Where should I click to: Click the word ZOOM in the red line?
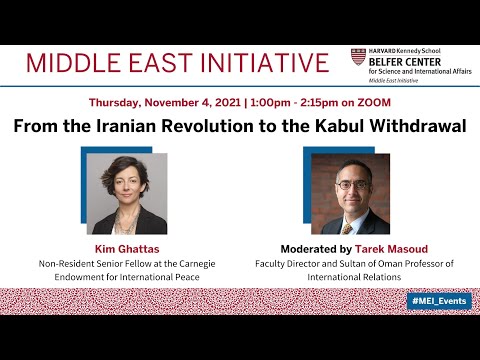point(372,103)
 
